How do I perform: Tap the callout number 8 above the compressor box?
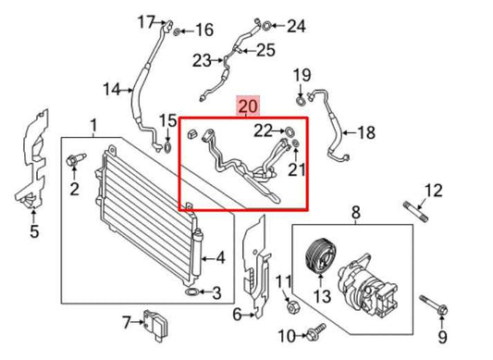pyautogui.click(x=355, y=215)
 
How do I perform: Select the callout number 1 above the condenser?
pyautogui.click(x=92, y=126)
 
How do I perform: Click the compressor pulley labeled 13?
pyautogui.click(x=317, y=256)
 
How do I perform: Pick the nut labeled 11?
pyautogui.click(x=290, y=305)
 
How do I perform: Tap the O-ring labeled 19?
pyautogui.click(x=302, y=98)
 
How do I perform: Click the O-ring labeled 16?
pyautogui.click(x=178, y=31)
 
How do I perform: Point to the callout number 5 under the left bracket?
pyautogui.click(x=33, y=231)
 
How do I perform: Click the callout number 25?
pyautogui.click(x=265, y=51)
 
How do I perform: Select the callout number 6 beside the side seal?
pyautogui.click(x=237, y=316)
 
